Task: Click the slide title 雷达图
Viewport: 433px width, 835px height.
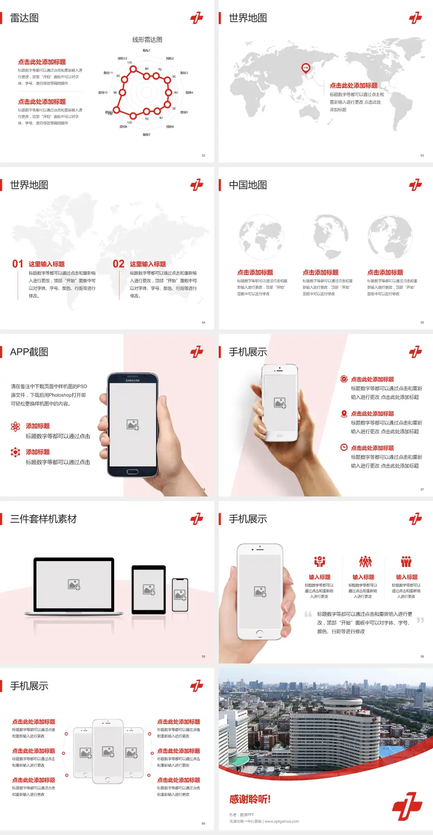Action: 24,18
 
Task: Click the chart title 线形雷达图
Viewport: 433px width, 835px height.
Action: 147,40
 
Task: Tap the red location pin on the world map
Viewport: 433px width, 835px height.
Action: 306,68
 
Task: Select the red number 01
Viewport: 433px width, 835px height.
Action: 18,264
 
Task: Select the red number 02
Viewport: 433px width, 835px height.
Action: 119,264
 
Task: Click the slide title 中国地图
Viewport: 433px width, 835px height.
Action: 248,185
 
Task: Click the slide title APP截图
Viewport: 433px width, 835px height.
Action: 29,352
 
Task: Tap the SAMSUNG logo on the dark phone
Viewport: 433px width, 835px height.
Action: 133,380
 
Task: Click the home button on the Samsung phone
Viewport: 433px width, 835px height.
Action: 132,472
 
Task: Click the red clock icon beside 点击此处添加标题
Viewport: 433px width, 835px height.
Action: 344,447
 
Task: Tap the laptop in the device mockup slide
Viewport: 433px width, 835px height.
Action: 74,586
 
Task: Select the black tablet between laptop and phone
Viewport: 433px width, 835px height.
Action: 149,589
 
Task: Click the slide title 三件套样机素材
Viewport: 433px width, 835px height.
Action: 43,519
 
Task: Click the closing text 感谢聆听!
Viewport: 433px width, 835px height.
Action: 250,799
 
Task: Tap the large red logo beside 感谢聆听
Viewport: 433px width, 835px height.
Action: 407,806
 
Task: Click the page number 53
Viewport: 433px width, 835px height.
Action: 422,155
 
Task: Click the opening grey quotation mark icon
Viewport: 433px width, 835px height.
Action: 308,614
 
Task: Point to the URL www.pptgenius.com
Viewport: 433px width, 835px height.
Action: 282,821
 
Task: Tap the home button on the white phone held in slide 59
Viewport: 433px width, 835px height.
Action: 259,634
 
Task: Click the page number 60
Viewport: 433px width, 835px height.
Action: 203,823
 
